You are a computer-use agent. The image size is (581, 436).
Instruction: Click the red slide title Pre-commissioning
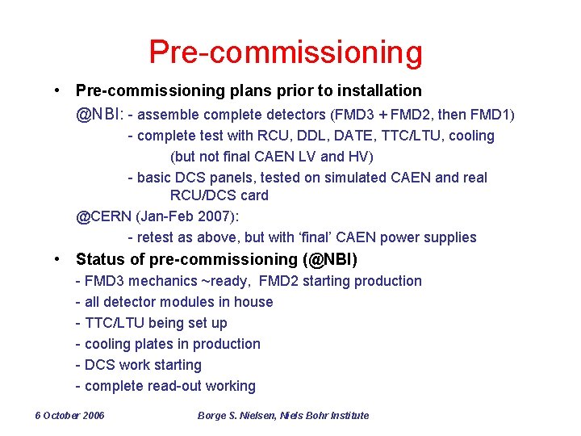click(x=286, y=52)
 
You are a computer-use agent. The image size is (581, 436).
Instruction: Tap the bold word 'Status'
click(x=98, y=260)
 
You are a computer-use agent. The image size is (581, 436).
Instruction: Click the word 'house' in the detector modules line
click(x=253, y=302)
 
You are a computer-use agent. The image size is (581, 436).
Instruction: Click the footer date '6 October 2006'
click(x=70, y=416)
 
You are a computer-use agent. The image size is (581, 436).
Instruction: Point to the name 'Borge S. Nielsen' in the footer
click(x=236, y=416)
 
